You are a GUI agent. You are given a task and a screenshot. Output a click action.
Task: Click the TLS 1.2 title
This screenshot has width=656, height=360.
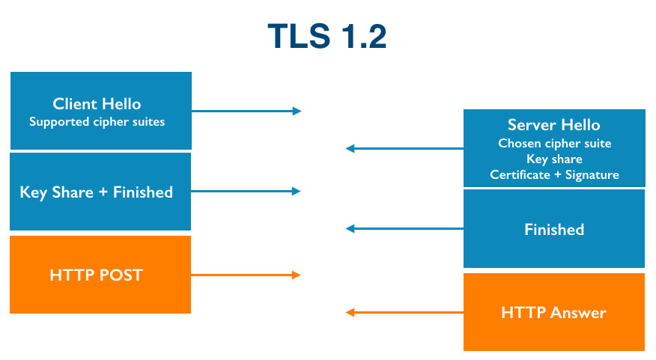327,37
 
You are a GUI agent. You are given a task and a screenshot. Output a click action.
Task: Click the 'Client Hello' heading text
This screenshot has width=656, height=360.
97,104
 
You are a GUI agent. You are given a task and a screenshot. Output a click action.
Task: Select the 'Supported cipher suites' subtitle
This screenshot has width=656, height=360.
97,121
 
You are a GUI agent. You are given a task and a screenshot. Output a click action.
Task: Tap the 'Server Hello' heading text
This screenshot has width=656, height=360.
553,125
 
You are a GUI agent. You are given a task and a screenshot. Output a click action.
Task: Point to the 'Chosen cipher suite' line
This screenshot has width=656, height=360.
554,143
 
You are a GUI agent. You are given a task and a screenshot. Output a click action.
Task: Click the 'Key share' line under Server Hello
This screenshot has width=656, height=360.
554,159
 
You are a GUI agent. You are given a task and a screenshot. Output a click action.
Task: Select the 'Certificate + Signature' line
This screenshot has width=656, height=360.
554,174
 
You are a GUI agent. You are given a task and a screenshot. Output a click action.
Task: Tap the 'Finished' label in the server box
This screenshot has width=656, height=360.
554,230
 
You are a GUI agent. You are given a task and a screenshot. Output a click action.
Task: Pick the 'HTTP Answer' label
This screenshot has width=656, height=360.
553,313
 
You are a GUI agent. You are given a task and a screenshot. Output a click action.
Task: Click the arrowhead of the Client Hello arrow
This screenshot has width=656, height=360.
297,111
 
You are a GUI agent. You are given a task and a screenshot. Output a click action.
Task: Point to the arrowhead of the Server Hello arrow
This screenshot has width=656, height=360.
350,149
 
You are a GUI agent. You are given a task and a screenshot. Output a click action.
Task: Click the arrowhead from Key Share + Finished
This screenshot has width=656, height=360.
297,192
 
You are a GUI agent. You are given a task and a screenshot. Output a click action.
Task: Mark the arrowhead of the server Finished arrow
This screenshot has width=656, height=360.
350,229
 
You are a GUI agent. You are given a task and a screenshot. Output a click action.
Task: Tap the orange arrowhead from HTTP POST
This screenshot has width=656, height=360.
297,275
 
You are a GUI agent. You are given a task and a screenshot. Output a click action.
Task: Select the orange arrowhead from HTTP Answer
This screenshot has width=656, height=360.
350,312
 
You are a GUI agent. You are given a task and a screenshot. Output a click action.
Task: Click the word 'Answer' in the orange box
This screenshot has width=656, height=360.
578,313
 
